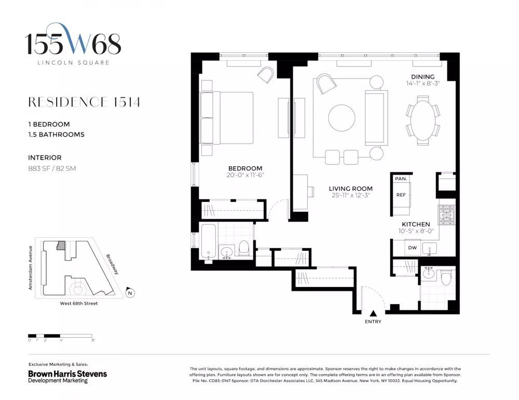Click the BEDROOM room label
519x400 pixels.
coord(245,168)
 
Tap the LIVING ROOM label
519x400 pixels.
coord(350,189)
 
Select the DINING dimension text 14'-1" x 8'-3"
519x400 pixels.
coord(423,83)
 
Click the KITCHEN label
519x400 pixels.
coord(416,224)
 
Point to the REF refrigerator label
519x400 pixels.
coord(401,195)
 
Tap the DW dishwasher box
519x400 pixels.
coord(413,248)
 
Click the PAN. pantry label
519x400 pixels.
coord(401,179)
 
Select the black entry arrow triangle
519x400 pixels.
coord(373,313)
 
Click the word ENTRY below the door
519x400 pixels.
coord(373,322)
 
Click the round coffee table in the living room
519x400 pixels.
coord(342,118)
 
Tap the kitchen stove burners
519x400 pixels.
coord(446,215)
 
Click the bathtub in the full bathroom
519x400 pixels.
coord(209,241)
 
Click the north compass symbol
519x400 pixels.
coord(130,293)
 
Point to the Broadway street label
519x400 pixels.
coord(112,264)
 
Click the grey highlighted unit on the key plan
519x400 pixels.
coord(61,246)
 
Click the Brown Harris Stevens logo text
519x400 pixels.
coord(67,374)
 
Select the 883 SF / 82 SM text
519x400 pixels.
coord(52,168)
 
